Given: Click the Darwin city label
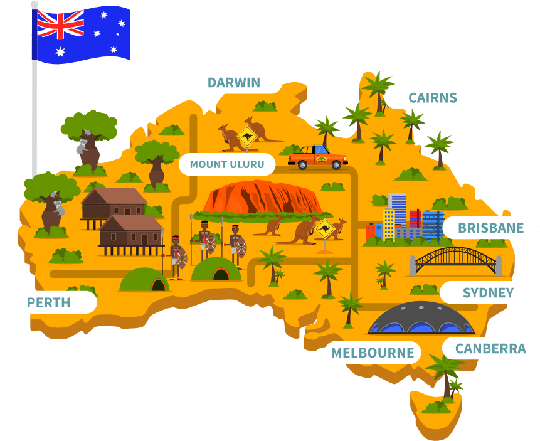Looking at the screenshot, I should point(233,83).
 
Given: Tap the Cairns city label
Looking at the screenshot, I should point(432,98).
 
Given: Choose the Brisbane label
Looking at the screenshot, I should point(490,228).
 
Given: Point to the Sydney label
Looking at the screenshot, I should point(488,292).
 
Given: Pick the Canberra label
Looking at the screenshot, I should point(490,349).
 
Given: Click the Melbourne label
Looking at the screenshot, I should point(373,353).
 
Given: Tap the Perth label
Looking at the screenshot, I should point(48,303).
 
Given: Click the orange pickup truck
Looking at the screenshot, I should point(317,157).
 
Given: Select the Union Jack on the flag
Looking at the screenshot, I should point(60,23).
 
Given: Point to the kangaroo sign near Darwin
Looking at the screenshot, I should point(247,137).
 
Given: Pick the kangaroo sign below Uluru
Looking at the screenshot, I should point(324,229).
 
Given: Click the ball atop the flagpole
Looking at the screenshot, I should point(34,4).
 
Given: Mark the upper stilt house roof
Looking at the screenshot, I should point(115,196).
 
